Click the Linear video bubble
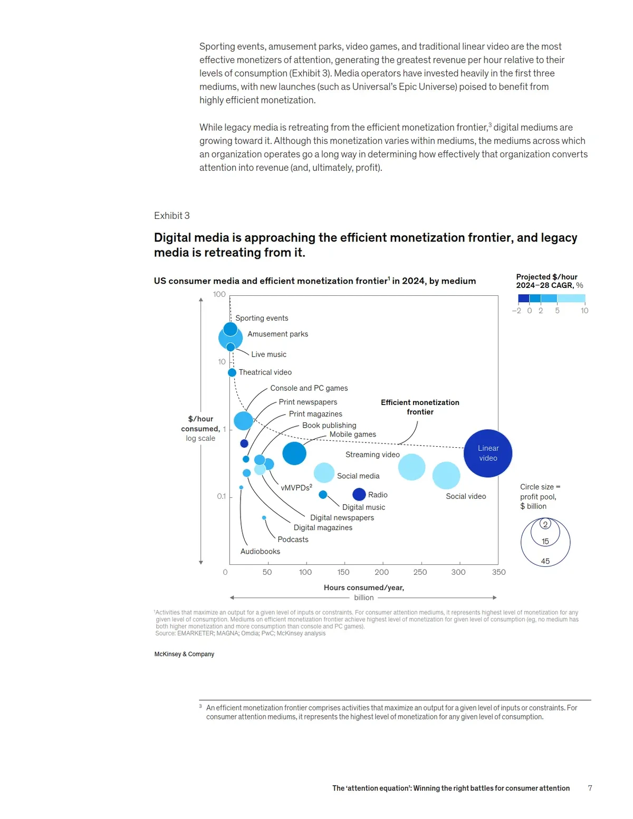488,454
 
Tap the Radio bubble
359,494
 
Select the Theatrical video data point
232,373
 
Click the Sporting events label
262,318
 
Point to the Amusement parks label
277,334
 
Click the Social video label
466,496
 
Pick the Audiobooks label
260,552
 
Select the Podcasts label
293,539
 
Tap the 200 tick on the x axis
381,572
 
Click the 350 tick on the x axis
498,572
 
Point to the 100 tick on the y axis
219,294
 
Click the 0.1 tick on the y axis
222,496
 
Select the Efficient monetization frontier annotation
420,407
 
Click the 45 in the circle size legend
545,561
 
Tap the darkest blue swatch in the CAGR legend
523,298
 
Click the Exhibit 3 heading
172,216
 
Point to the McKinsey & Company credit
184,654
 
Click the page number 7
590,788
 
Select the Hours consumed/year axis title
364,587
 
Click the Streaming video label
372,455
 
